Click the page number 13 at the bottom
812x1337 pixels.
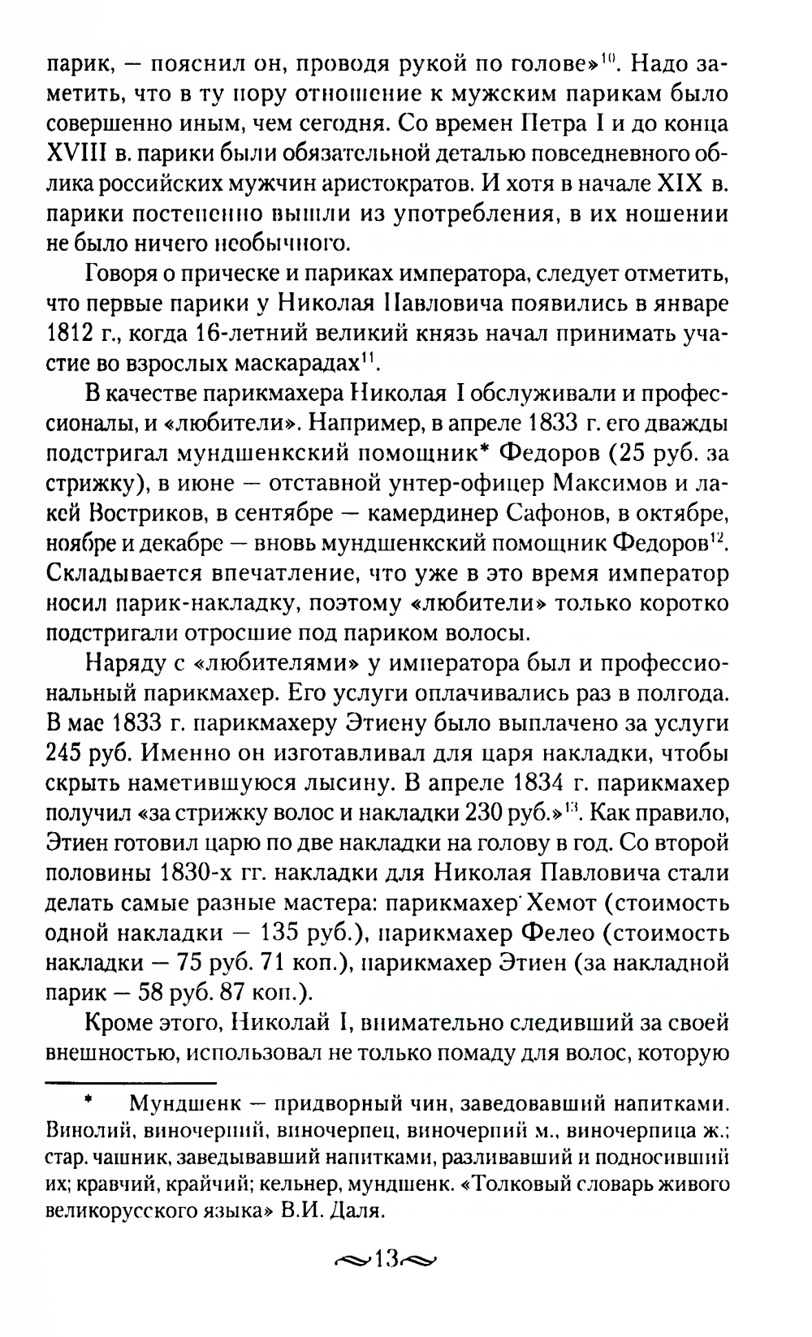(x=384, y=1283)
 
